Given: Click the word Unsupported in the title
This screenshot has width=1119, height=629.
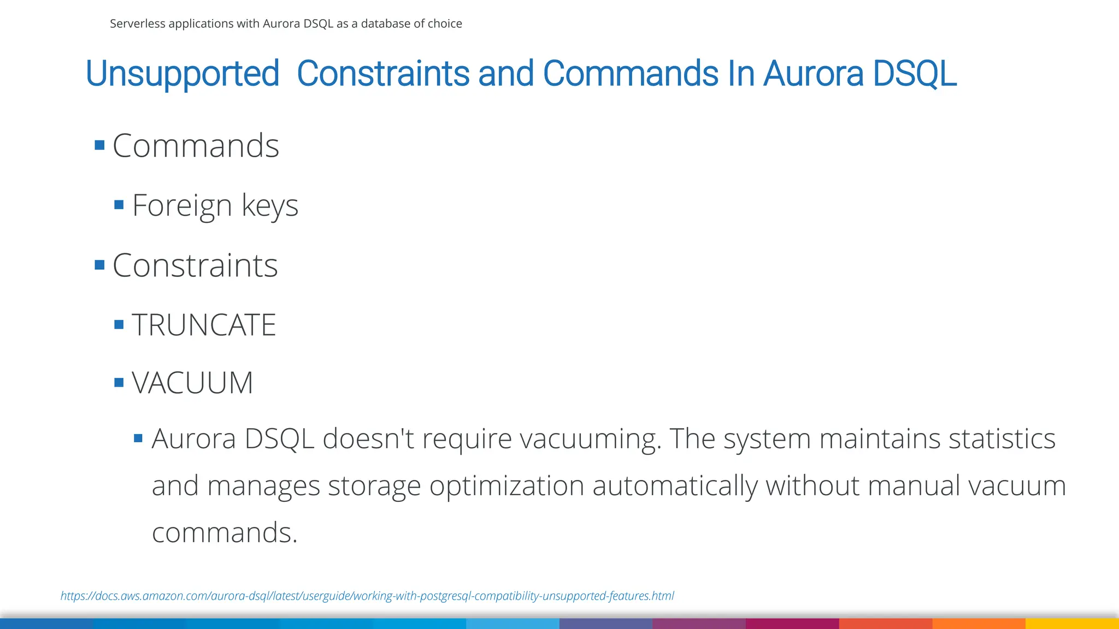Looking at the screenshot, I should (x=182, y=74).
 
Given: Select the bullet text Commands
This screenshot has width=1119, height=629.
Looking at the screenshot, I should (x=196, y=146).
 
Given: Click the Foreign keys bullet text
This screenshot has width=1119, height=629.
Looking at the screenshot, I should (x=215, y=205).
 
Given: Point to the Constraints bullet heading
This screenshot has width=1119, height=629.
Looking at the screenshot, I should (x=195, y=265).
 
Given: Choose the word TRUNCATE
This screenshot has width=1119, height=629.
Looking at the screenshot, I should (x=204, y=325).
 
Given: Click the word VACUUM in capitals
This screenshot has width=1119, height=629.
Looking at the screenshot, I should (x=192, y=382).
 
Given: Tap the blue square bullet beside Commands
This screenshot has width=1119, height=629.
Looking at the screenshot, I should (x=99, y=145).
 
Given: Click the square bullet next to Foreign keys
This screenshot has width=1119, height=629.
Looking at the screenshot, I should (x=119, y=205).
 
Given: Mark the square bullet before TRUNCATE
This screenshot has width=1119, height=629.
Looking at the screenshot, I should (x=119, y=325).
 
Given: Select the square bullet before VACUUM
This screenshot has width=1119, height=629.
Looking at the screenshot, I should (x=119, y=382).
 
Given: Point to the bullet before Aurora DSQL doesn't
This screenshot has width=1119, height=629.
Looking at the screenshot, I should (x=138, y=438).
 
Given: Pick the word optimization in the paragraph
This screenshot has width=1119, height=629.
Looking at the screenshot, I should (x=507, y=485).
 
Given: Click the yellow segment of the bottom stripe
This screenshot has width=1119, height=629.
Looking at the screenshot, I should (x=1072, y=624).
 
